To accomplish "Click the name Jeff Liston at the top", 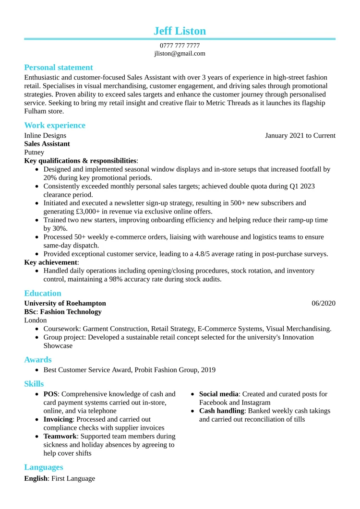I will (x=180, y=31).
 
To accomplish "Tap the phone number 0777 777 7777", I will (x=180, y=46).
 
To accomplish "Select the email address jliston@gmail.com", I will (x=180, y=53).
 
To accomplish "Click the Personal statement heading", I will (x=59, y=68).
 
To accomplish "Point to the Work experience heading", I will (x=55, y=126).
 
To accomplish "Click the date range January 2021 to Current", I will (x=300, y=136).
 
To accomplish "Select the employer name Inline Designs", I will (x=45, y=136).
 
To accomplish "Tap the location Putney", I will (x=34, y=153).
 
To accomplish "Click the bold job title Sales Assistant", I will (x=47, y=144).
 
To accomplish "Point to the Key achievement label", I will (x=51, y=262).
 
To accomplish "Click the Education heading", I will (x=43, y=294).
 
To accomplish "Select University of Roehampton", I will (x=65, y=303).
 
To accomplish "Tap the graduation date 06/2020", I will (x=324, y=303).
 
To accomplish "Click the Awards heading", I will (x=38, y=360).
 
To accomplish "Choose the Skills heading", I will (x=34, y=384).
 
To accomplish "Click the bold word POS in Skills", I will (x=50, y=394).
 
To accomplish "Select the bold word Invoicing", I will (x=58, y=420).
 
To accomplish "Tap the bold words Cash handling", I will (x=222, y=411).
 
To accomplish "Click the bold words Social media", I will (x=219, y=394).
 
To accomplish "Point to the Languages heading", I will (x=44, y=467).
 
